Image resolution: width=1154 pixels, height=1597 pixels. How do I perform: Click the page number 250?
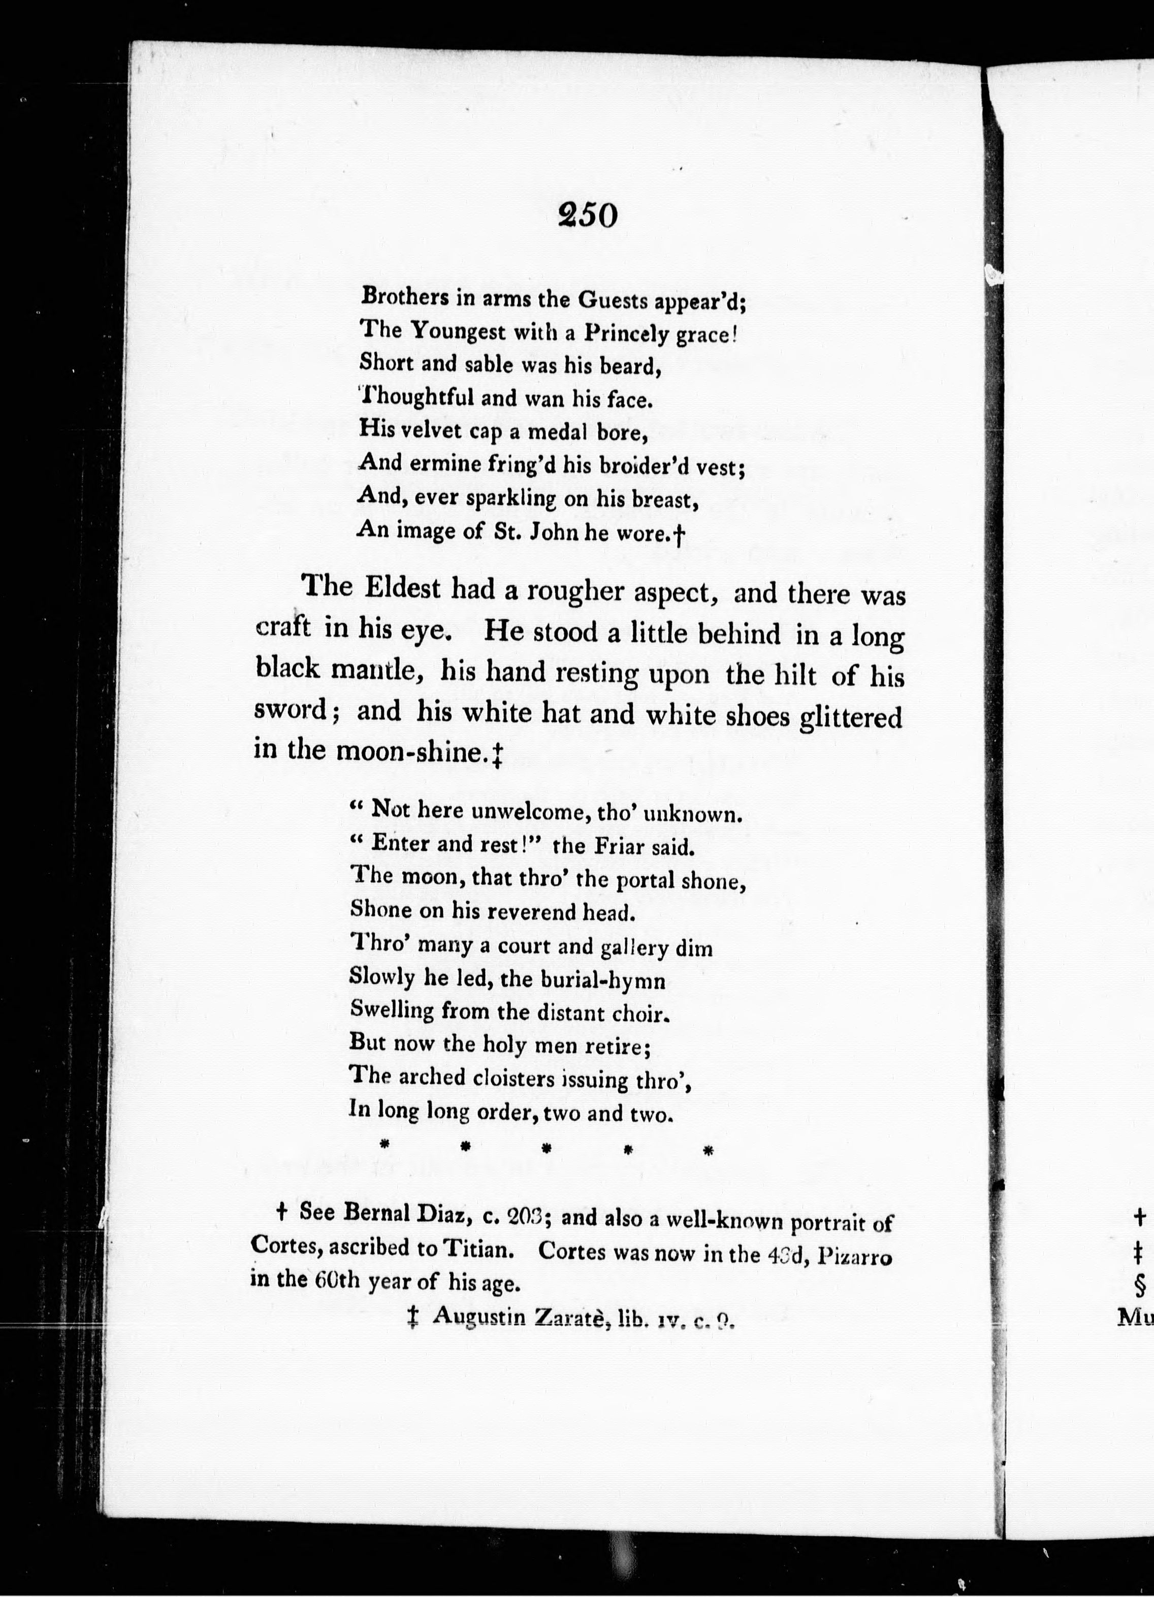(x=587, y=215)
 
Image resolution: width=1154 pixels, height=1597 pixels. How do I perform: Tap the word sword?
(x=290, y=709)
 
